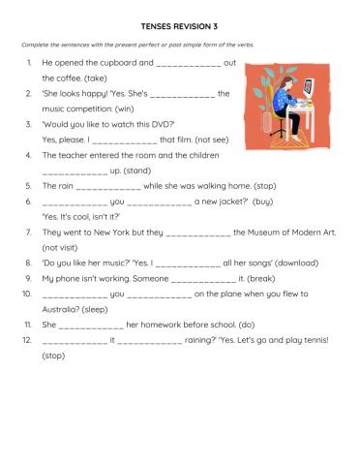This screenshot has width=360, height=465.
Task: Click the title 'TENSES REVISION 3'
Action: click(x=179, y=27)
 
